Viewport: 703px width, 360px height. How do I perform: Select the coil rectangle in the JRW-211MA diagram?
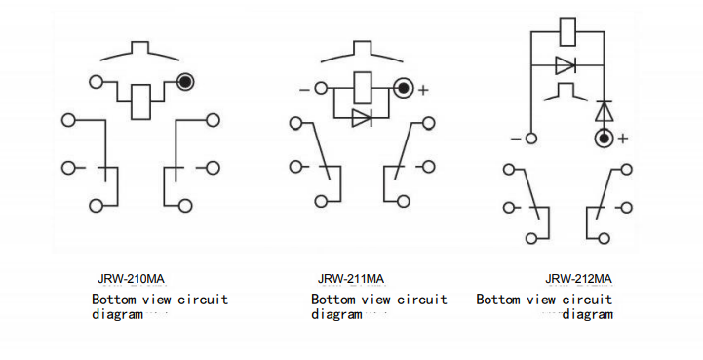(362, 87)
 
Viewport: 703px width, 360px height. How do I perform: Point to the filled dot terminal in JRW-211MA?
(403, 89)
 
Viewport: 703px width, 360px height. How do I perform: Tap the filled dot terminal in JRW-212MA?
(604, 139)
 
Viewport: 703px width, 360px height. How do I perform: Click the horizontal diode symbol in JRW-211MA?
(362, 118)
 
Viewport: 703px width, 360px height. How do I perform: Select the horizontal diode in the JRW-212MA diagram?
(566, 66)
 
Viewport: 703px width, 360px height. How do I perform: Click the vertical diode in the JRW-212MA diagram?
(604, 110)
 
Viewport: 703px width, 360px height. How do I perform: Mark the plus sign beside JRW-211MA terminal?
(423, 90)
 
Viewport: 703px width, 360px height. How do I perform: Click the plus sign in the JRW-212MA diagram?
(623, 139)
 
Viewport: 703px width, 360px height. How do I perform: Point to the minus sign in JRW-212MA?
(513, 139)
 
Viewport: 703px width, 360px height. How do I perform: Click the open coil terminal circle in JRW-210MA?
(96, 82)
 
